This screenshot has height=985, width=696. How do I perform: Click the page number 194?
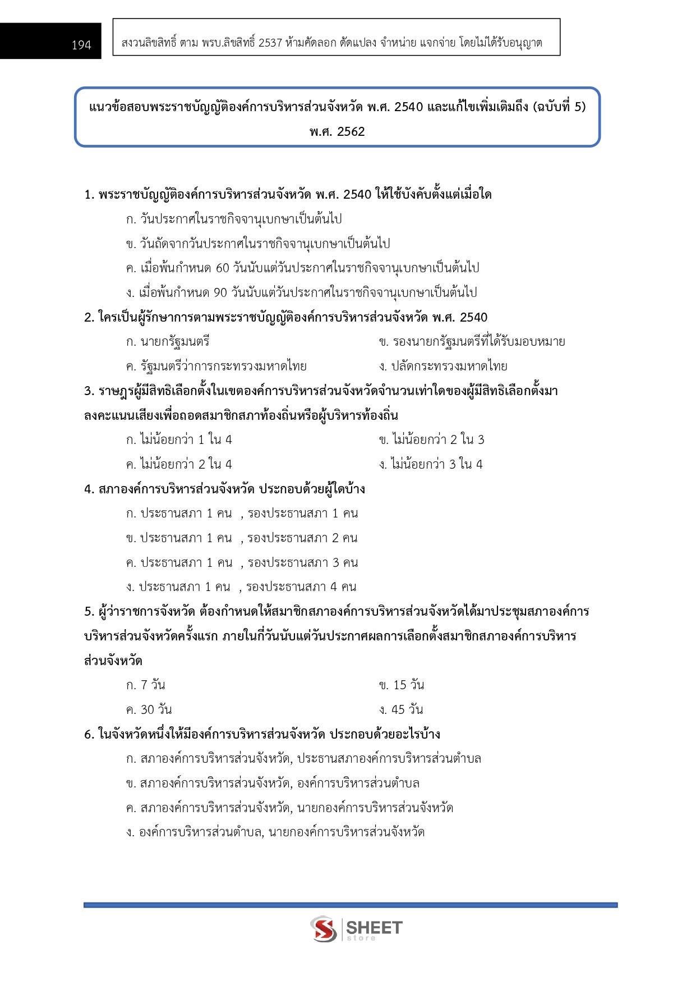81,45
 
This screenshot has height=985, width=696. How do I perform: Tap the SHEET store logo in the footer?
357,929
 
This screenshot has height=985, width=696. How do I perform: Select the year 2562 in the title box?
351,132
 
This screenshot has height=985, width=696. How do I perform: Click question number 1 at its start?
89,195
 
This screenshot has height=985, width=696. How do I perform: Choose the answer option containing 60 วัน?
303,268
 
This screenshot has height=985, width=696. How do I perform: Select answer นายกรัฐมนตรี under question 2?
168,342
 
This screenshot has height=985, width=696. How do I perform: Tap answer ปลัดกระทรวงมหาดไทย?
443,366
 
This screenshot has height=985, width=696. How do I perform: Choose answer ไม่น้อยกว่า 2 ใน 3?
432,440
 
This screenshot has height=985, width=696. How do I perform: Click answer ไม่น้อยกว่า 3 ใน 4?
431,465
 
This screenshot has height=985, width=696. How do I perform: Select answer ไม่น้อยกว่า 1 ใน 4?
179,440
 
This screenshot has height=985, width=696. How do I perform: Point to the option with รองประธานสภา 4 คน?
241,587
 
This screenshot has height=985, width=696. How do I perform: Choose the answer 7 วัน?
146,685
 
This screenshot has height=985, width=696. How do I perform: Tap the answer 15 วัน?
402,685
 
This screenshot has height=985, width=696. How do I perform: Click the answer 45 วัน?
401,710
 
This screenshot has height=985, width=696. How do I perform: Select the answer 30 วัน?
149,710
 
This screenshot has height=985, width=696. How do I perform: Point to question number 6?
89,735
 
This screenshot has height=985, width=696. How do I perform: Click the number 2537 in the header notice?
270,43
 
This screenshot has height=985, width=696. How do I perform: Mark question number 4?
89,489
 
